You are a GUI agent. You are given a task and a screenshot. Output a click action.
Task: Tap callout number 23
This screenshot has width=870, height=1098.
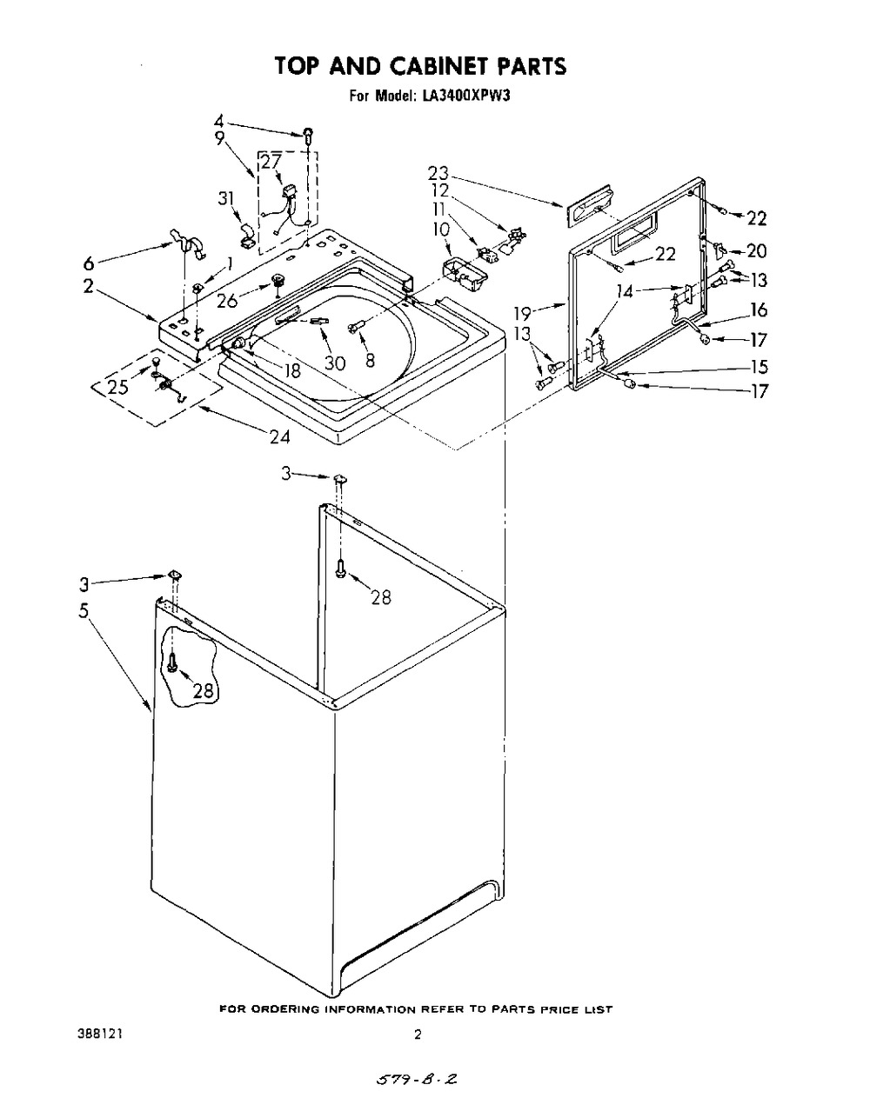point(438,173)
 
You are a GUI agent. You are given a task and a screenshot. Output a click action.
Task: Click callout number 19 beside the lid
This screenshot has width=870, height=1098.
point(523,312)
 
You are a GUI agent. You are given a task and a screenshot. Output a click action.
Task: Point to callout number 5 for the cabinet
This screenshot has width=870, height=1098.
point(84,611)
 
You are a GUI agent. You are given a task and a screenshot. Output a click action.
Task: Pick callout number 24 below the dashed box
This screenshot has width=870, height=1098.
point(280,436)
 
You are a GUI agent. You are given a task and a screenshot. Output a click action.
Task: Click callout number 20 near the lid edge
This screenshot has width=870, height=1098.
point(757,250)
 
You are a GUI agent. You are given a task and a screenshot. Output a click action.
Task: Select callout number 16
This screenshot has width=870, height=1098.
point(759,309)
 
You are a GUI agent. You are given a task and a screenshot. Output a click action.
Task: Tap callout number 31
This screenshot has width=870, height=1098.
point(226,198)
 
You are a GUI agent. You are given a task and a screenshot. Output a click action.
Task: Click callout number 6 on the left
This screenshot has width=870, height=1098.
point(89,263)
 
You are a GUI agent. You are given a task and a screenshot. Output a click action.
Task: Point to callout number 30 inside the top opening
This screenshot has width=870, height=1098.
point(335,363)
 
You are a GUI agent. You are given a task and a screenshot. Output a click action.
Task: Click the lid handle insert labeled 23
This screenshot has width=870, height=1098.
point(590,204)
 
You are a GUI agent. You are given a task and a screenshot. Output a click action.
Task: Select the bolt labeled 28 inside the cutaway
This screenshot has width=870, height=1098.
point(171,662)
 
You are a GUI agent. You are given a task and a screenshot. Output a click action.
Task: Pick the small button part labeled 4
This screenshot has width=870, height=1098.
point(308,135)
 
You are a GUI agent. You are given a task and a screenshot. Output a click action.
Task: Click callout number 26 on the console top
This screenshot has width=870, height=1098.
point(227,301)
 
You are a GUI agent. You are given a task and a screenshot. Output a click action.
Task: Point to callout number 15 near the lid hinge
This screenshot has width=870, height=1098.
point(760,367)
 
